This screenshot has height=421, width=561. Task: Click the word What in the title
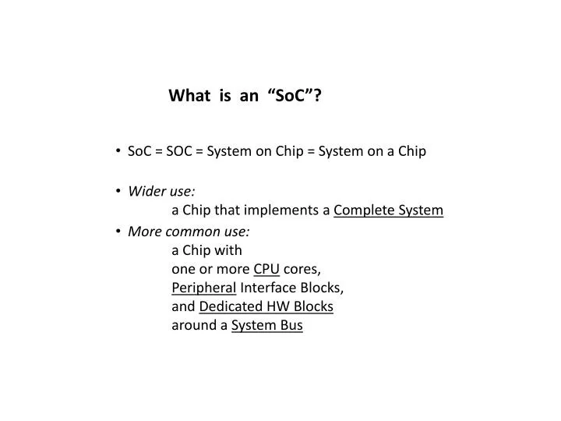189,96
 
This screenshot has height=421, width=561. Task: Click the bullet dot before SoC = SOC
116,151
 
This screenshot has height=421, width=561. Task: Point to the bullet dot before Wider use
116,191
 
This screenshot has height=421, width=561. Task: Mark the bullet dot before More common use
116,232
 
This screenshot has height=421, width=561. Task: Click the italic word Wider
145,191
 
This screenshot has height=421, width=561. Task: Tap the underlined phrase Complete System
388,210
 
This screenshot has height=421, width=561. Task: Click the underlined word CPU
266,269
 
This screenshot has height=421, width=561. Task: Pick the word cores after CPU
302,269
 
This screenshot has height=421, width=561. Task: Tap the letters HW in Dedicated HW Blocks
273,306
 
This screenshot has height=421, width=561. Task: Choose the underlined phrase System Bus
266,326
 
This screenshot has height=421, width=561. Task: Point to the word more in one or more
233,269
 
